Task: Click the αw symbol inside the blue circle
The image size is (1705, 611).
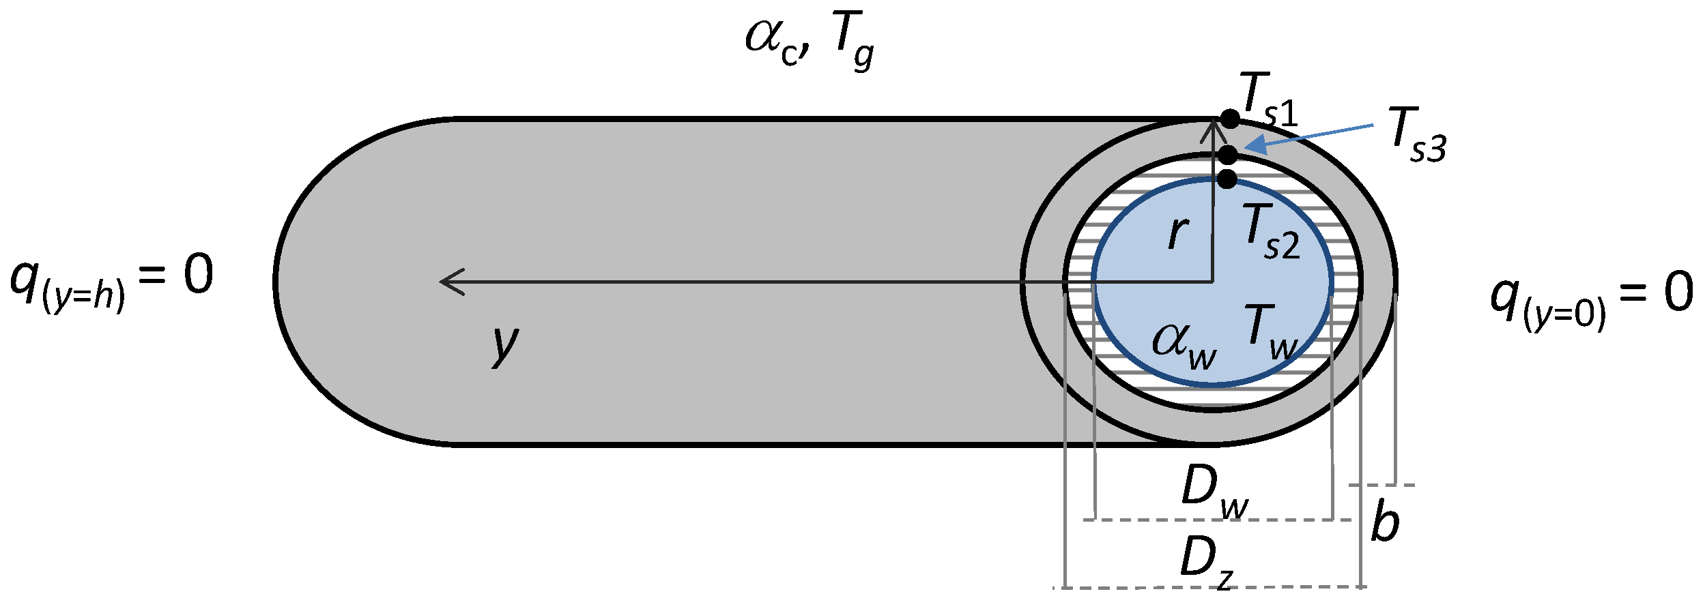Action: coord(1184,343)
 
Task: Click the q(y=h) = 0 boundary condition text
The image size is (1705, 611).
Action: coord(112,280)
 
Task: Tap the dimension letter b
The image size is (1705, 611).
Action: coord(1385,522)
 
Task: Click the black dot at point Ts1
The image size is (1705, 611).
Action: coord(1230,119)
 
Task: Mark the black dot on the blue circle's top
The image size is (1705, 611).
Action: coord(1227,179)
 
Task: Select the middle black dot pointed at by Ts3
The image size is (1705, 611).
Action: coord(1227,154)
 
